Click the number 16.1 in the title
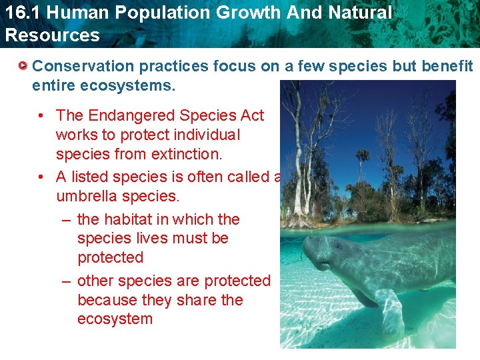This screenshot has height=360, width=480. click(22, 13)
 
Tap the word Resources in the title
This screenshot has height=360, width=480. click(52, 35)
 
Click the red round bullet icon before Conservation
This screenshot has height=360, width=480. click(23, 66)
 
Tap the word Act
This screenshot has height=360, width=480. click(251, 115)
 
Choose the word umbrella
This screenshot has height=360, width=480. click(84, 196)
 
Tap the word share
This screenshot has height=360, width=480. click(193, 300)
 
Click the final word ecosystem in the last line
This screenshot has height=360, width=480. click(115, 319)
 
